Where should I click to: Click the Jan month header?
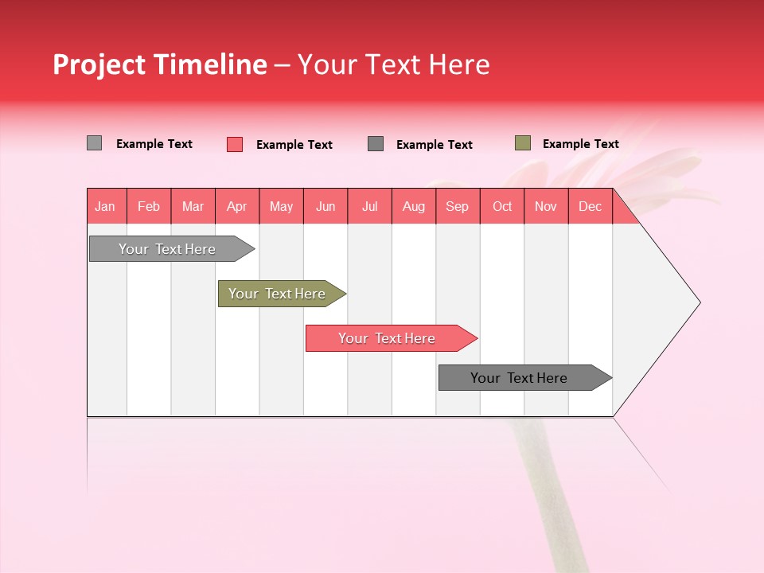click(106, 206)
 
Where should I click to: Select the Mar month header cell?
click(193, 206)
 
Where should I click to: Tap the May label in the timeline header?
click(281, 206)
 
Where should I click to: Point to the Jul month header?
click(369, 206)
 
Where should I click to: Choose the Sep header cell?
click(457, 206)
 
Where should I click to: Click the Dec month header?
click(590, 206)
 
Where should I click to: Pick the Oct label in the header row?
click(502, 206)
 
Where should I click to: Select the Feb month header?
click(149, 206)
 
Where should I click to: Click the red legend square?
click(235, 144)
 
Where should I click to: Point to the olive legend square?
click(523, 143)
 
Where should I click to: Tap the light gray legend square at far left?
click(95, 143)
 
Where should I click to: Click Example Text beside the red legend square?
click(294, 145)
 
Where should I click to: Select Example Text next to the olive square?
click(581, 144)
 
